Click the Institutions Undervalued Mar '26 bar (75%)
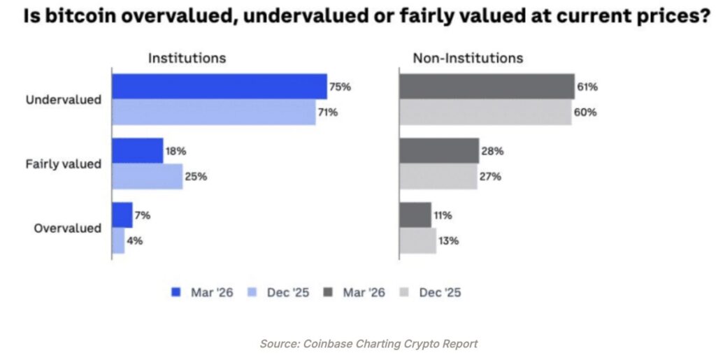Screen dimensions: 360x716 click(x=219, y=87)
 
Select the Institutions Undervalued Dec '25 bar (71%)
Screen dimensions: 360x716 click(x=213, y=112)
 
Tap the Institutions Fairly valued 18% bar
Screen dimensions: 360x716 click(x=138, y=150)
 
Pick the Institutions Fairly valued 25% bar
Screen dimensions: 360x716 click(x=147, y=176)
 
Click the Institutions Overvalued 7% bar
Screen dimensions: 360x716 click(x=122, y=215)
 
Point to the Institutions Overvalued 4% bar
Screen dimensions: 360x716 click(x=118, y=240)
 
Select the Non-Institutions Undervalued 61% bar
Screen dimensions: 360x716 click(x=487, y=87)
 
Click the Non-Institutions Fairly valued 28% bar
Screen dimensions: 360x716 click(x=439, y=150)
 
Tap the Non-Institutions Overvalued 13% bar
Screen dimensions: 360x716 click(x=417, y=240)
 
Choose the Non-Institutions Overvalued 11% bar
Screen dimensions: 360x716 click(x=415, y=215)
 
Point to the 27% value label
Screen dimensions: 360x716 click(x=491, y=177)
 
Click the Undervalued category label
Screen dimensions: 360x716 click(x=64, y=100)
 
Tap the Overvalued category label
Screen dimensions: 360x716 click(x=69, y=229)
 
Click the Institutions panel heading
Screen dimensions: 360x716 click(x=187, y=58)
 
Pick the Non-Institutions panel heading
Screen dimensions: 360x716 click(x=468, y=58)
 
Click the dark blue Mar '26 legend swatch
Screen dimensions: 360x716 click(x=176, y=292)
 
